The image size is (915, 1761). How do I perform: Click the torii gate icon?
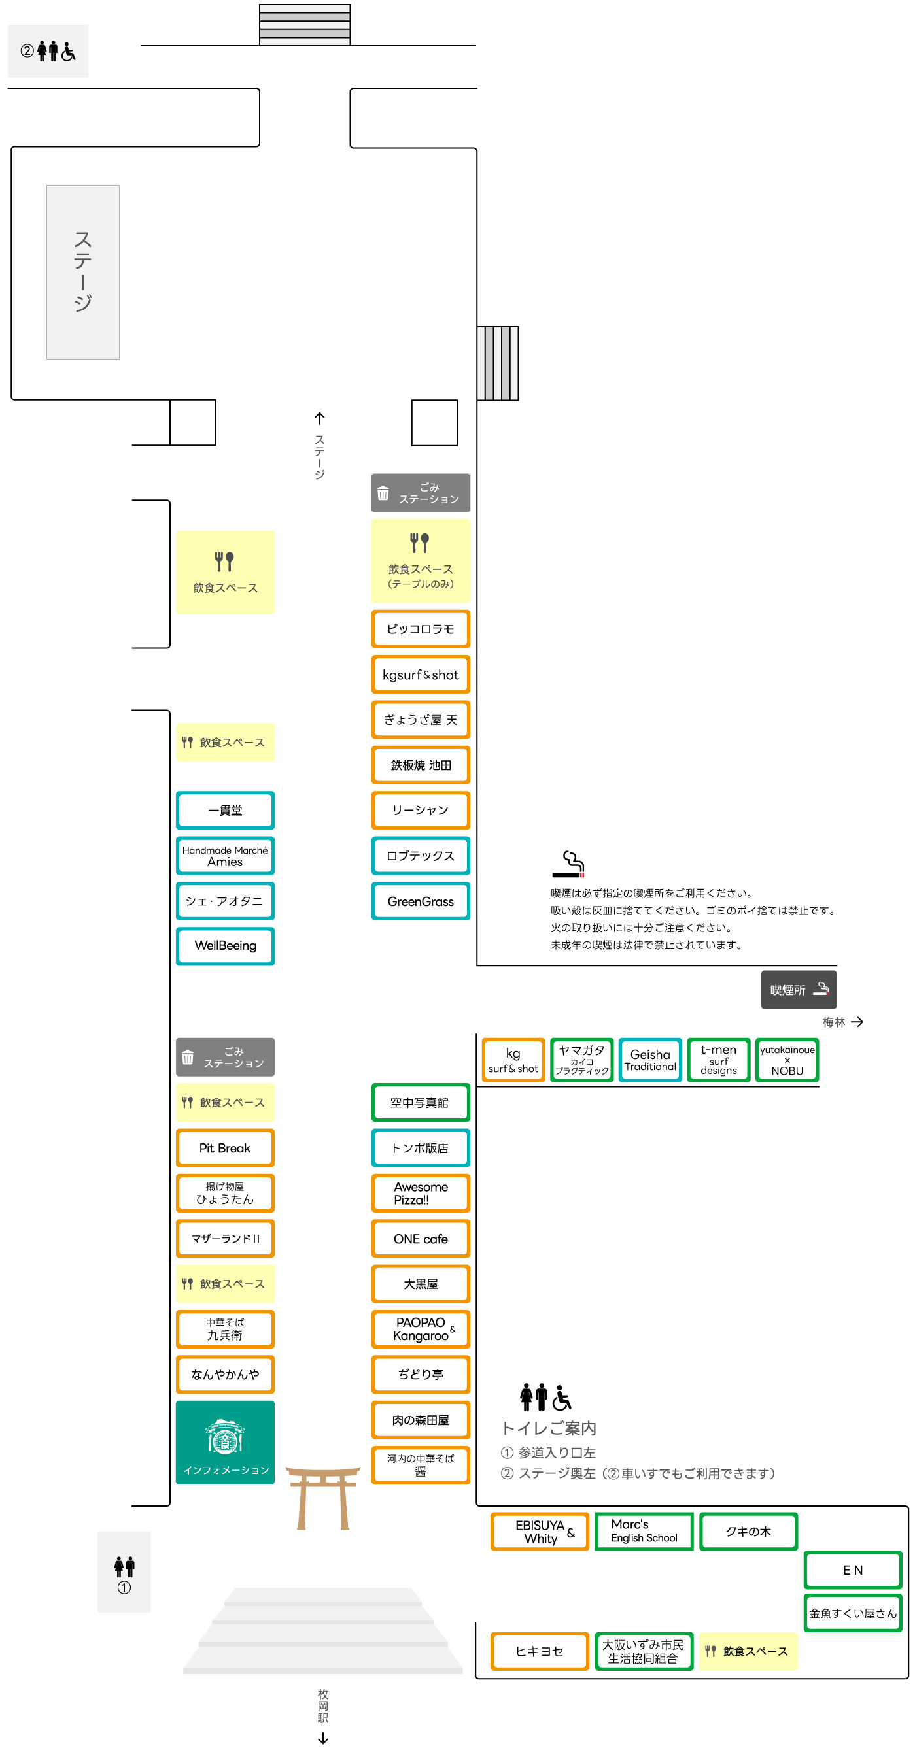tap(323, 1497)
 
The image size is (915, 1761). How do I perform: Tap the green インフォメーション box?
tap(225, 1442)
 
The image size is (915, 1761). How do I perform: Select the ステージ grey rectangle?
tap(83, 271)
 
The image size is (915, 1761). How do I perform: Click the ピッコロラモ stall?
tap(421, 628)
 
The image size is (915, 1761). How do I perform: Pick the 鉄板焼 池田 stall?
tap(421, 764)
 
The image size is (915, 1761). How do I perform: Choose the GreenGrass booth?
tap(421, 900)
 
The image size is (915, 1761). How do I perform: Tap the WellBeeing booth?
tap(225, 945)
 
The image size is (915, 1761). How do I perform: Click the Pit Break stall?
tap(225, 1147)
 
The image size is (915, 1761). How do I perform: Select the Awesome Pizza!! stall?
tap(421, 1192)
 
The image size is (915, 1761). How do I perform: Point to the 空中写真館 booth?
tap(421, 1102)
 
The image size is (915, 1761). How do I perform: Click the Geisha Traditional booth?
tap(649, 1060)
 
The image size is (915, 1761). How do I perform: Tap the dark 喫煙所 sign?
tap(798, 988)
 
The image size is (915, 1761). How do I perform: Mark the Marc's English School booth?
tap(644, 1531)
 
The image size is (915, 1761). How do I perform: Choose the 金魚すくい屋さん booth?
tap(852, 1613)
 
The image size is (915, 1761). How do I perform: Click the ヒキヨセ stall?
tap(540, 1651)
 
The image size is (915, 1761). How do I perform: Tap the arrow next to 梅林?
tap(857, 1021)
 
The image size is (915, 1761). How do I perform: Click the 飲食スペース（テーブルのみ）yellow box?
tap(421, 560)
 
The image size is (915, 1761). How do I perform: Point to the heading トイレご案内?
tap(549, 1428)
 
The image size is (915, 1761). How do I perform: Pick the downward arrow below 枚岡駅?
tap(323, 1737)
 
